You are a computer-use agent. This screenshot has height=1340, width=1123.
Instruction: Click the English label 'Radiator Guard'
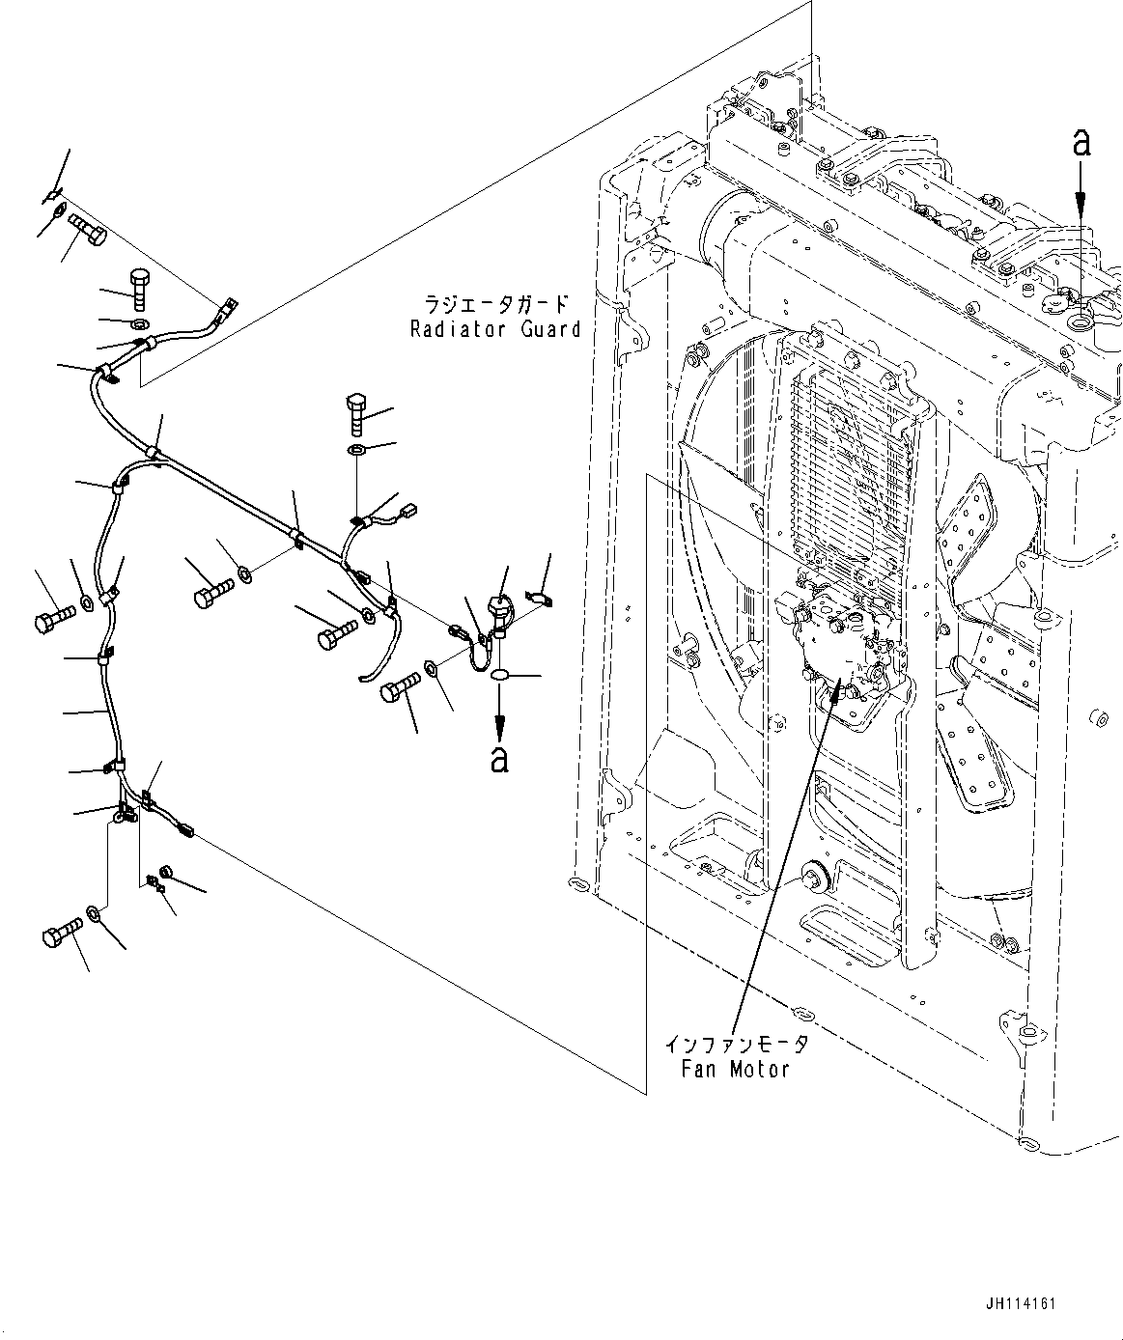(495, 328)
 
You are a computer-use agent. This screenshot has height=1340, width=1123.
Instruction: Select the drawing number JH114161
(1022, 1303)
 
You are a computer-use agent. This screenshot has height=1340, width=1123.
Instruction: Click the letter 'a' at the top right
(1081, 143)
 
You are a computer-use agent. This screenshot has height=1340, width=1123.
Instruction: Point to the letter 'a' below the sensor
(499, 758)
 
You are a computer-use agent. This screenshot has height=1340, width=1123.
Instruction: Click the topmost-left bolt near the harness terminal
(87, 230)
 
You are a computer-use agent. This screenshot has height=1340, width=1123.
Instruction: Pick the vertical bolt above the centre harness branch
(357, 413)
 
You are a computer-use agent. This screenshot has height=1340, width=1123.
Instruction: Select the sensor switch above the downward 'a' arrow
(500, 611)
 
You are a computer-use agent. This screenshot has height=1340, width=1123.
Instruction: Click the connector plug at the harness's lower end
(183, 827)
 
